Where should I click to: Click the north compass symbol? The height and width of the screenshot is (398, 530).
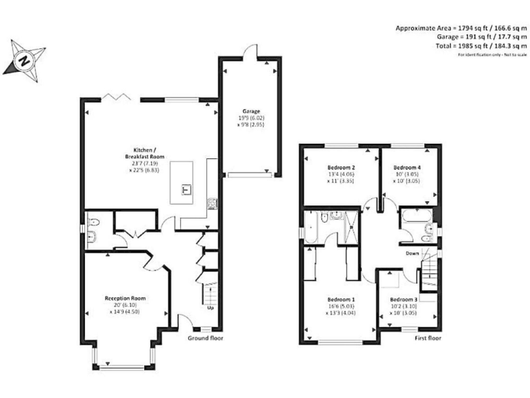point(24,59)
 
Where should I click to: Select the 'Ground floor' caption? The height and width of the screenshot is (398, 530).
point(206,339)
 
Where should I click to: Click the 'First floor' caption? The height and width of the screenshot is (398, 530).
point(428,339)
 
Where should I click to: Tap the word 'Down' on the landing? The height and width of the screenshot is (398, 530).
point(412,253)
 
